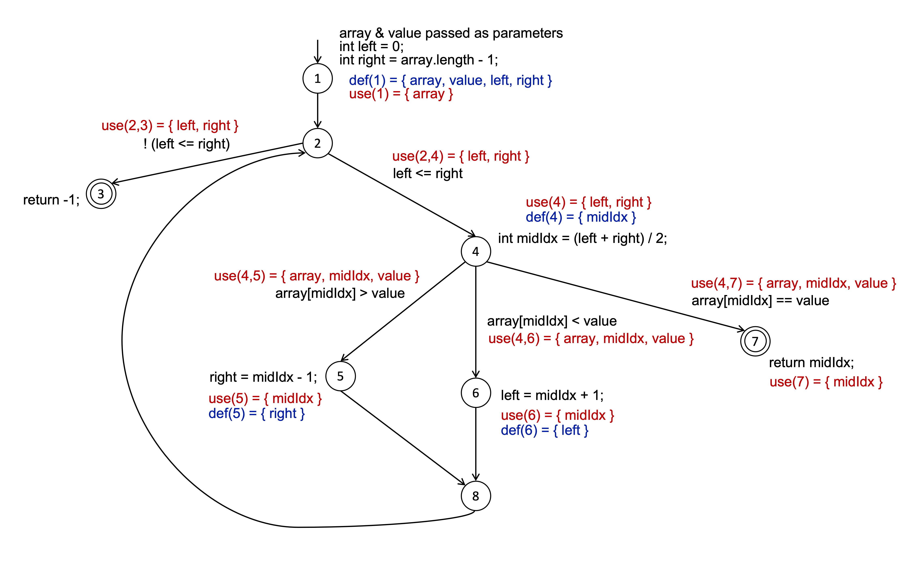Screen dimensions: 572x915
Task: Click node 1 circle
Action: pyautogui.click(x=317, y=79)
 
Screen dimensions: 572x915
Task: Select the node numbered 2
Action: pyautogui.click(x=317, y=143)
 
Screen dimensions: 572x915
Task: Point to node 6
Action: pyautogui.click(x=476, y=393)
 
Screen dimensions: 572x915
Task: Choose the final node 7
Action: pyautogui.click(x=755, y=341)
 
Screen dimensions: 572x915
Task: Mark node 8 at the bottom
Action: pyautogui.click(x=476, y=496)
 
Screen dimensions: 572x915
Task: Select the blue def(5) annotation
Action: pyautogui.click(x=256, y=414)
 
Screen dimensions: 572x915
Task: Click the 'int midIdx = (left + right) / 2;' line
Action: pyautogui.click(x=582, y=238)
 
